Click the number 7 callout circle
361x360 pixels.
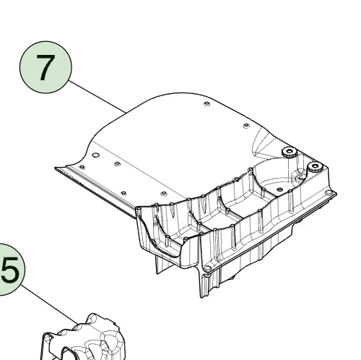click(45, 67)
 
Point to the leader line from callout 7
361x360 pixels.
click(97, 97)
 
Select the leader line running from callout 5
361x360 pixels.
click(49, 304)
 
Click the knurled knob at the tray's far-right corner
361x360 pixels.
click(315, 167)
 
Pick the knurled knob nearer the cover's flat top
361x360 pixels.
click(290, 152)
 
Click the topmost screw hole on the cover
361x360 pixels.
click(206, 104)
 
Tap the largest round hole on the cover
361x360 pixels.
click(95, 155)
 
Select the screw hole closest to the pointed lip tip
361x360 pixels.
click(82, 167)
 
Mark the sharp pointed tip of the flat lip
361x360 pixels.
click(56, 168)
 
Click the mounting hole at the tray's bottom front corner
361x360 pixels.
click(206, 268)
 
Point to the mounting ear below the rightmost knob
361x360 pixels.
click(330, 193)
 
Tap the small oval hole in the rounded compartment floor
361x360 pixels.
click(279, 189)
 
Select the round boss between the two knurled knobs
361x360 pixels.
click(298, 176)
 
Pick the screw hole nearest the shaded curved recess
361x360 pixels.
click(246, 126)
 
